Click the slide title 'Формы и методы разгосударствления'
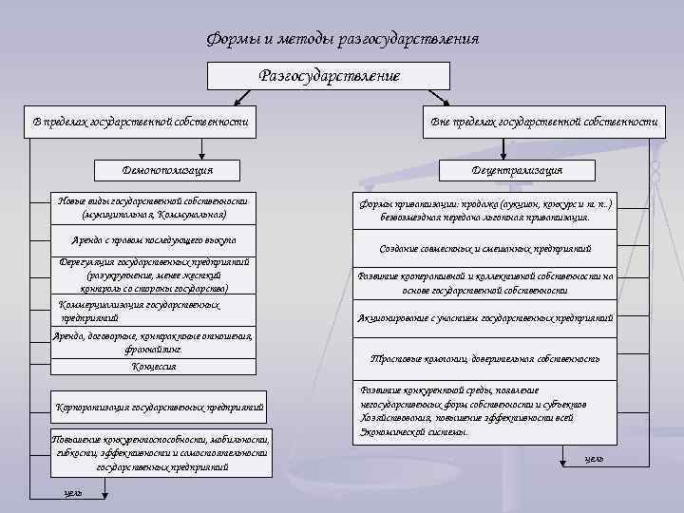point(342,39)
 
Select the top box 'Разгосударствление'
point(330,76)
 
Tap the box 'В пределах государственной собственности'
point(141,123)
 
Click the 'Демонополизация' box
point(167,170)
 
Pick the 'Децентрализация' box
point(517,170)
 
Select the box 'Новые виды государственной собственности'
point(153,207)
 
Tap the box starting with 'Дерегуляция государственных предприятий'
point(153,275)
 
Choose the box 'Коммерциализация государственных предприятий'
point(153,312)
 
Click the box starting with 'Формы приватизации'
point(484,210)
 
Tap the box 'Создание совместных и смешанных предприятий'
point(484,248)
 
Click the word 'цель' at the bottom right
point(594,459)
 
